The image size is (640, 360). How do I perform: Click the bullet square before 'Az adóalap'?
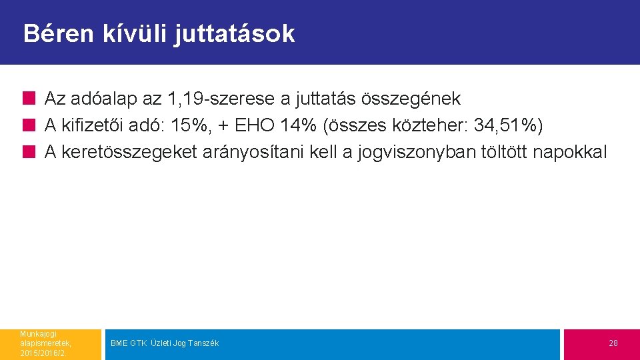29,99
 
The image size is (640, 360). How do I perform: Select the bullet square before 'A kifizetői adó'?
29,126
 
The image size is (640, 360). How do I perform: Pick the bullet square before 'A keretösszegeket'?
29,153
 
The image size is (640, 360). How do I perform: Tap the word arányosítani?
257,152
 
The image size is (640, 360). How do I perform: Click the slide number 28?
613,343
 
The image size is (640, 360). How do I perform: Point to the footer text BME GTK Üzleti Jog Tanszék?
165,343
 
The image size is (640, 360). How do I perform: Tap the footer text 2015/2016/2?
43,353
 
